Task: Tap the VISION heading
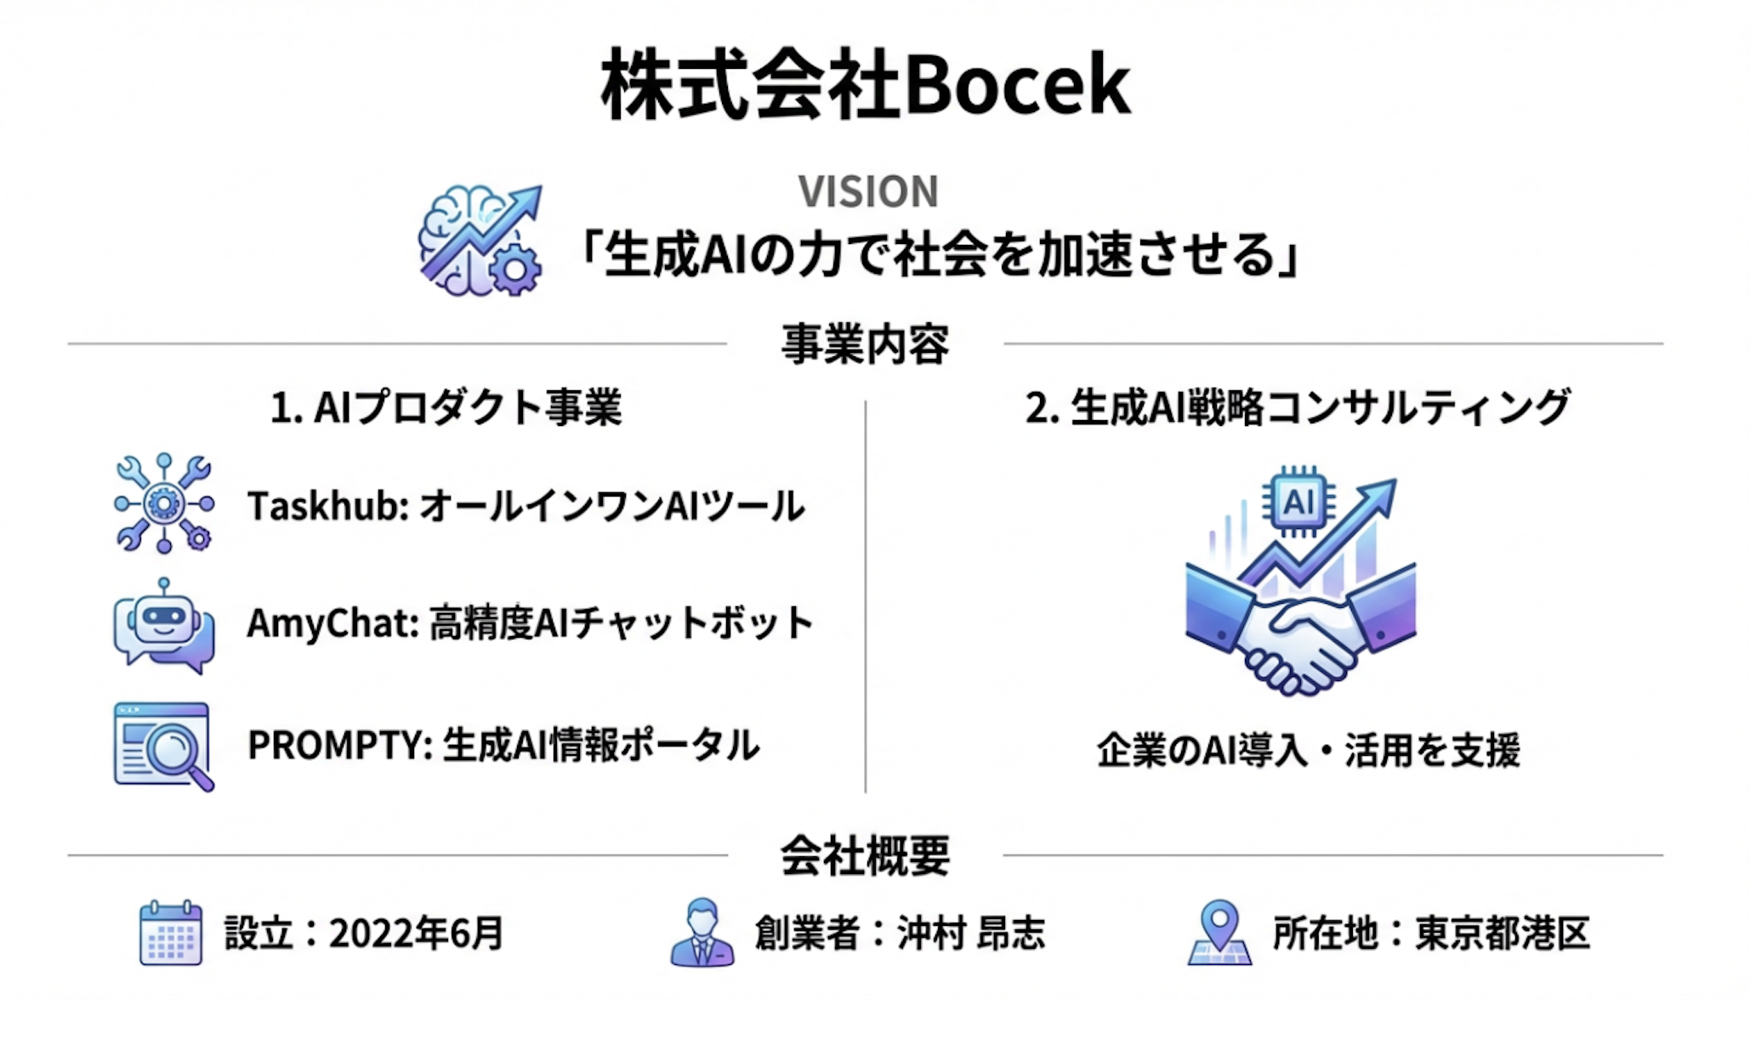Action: (868, 191)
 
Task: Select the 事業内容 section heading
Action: (865, 344)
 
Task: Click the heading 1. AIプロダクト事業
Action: (446, 407)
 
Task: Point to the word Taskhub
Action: (328, 506)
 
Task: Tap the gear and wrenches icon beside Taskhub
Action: (164, 503)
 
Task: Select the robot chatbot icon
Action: (163, 627)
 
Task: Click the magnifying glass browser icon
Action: (163, 747)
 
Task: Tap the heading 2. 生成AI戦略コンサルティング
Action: (1297, 407)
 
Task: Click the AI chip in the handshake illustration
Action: (1298, 502)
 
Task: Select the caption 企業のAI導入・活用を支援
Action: (1308, 750)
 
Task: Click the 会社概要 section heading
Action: (865, 855)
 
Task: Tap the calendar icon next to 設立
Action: (171, 933)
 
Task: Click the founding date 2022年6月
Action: (417, 934)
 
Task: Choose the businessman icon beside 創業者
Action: (702, 933)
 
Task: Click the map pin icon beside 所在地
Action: (1219, 933)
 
